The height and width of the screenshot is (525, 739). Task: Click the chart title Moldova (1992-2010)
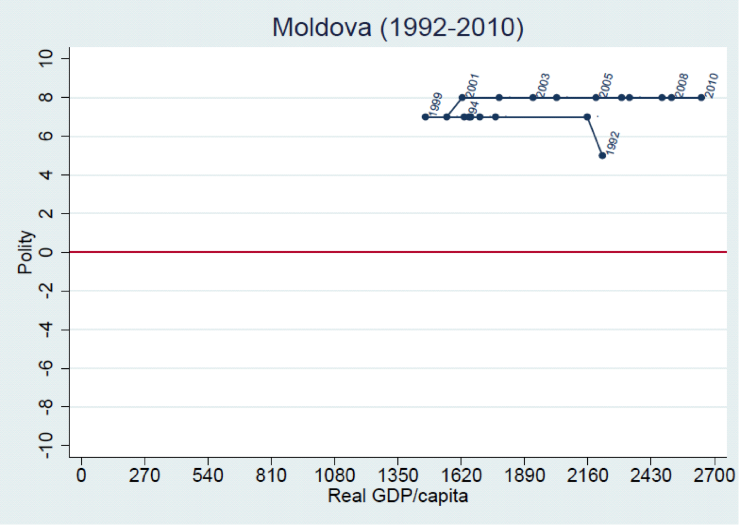click(397, 26)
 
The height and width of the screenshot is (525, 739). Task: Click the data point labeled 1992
click(602, 156)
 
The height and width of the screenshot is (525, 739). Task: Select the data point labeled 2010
click(701, 98)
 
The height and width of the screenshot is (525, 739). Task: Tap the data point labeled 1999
click(425, 117)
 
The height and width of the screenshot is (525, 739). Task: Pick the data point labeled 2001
click(462, 98)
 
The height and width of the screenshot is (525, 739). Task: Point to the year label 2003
click(543, 86)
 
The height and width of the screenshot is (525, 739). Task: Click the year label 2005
click(606, 86)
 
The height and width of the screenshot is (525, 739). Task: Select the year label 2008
click(682, 86)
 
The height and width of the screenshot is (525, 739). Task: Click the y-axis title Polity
click(25, 252)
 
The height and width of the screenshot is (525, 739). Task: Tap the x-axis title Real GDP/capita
click(397, 496)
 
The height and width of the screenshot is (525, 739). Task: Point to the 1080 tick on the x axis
click(334, 475)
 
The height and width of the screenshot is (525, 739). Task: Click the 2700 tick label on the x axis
click(715, 475)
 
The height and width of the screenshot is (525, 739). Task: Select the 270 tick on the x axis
click(145, 475)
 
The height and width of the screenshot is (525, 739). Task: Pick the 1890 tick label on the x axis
click(524, 475)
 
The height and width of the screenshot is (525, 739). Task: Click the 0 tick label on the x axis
click(82, 475)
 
